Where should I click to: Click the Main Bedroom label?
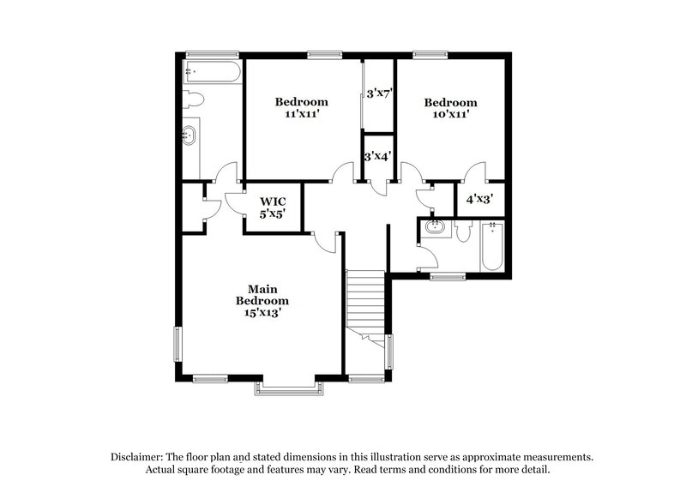point(262,295)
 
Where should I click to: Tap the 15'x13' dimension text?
point(262,313)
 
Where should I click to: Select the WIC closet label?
point(274,201)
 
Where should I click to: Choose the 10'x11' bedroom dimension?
point(450,112)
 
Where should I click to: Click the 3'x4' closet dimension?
point(378,157)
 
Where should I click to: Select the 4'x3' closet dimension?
point(479,200)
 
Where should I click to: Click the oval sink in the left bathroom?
point(189,135)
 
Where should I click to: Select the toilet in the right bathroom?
point(464,231)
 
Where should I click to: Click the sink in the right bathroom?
point(435,229)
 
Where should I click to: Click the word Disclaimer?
point(135,457)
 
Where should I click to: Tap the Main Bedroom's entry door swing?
point(323,241)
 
